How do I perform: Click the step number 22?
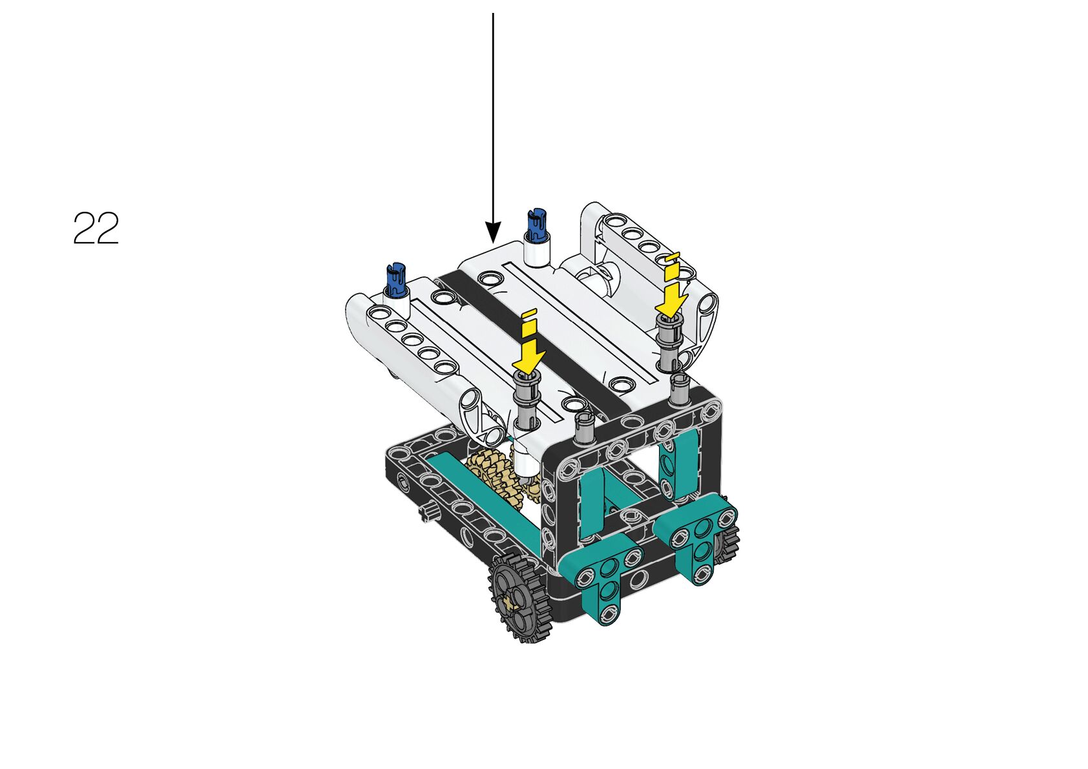[96, 228]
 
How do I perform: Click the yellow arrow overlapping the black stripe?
[530, 347]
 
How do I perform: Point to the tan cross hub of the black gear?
[510, 602]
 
